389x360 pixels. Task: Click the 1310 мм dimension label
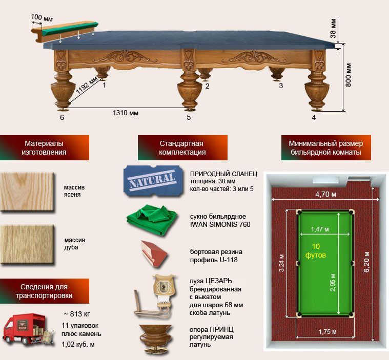coord(126,113)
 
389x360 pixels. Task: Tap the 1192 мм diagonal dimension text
coord(87,86)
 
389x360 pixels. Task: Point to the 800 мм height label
coord(349,75)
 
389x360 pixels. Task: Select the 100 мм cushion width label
coord(42,17)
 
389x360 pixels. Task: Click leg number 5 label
coord(189,117)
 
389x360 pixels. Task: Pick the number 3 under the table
coord(281,86)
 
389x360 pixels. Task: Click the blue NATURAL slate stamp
coord(153,181)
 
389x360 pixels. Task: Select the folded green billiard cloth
coord(152,220)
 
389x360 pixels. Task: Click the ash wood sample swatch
coord(27,192)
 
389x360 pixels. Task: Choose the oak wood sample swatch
coord(27,244)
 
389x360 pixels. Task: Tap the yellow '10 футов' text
coord(316,250)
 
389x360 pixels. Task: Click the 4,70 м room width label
coord(326,194)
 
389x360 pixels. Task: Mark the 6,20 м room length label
coord(366,262)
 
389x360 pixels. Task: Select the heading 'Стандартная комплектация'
coord(182,148)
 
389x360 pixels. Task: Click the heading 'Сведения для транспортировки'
coord(44,291)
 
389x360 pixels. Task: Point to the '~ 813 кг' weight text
coord(77,314)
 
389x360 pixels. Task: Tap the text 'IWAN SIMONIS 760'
coord(220,224)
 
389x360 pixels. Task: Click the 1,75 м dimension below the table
coord(327,331)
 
